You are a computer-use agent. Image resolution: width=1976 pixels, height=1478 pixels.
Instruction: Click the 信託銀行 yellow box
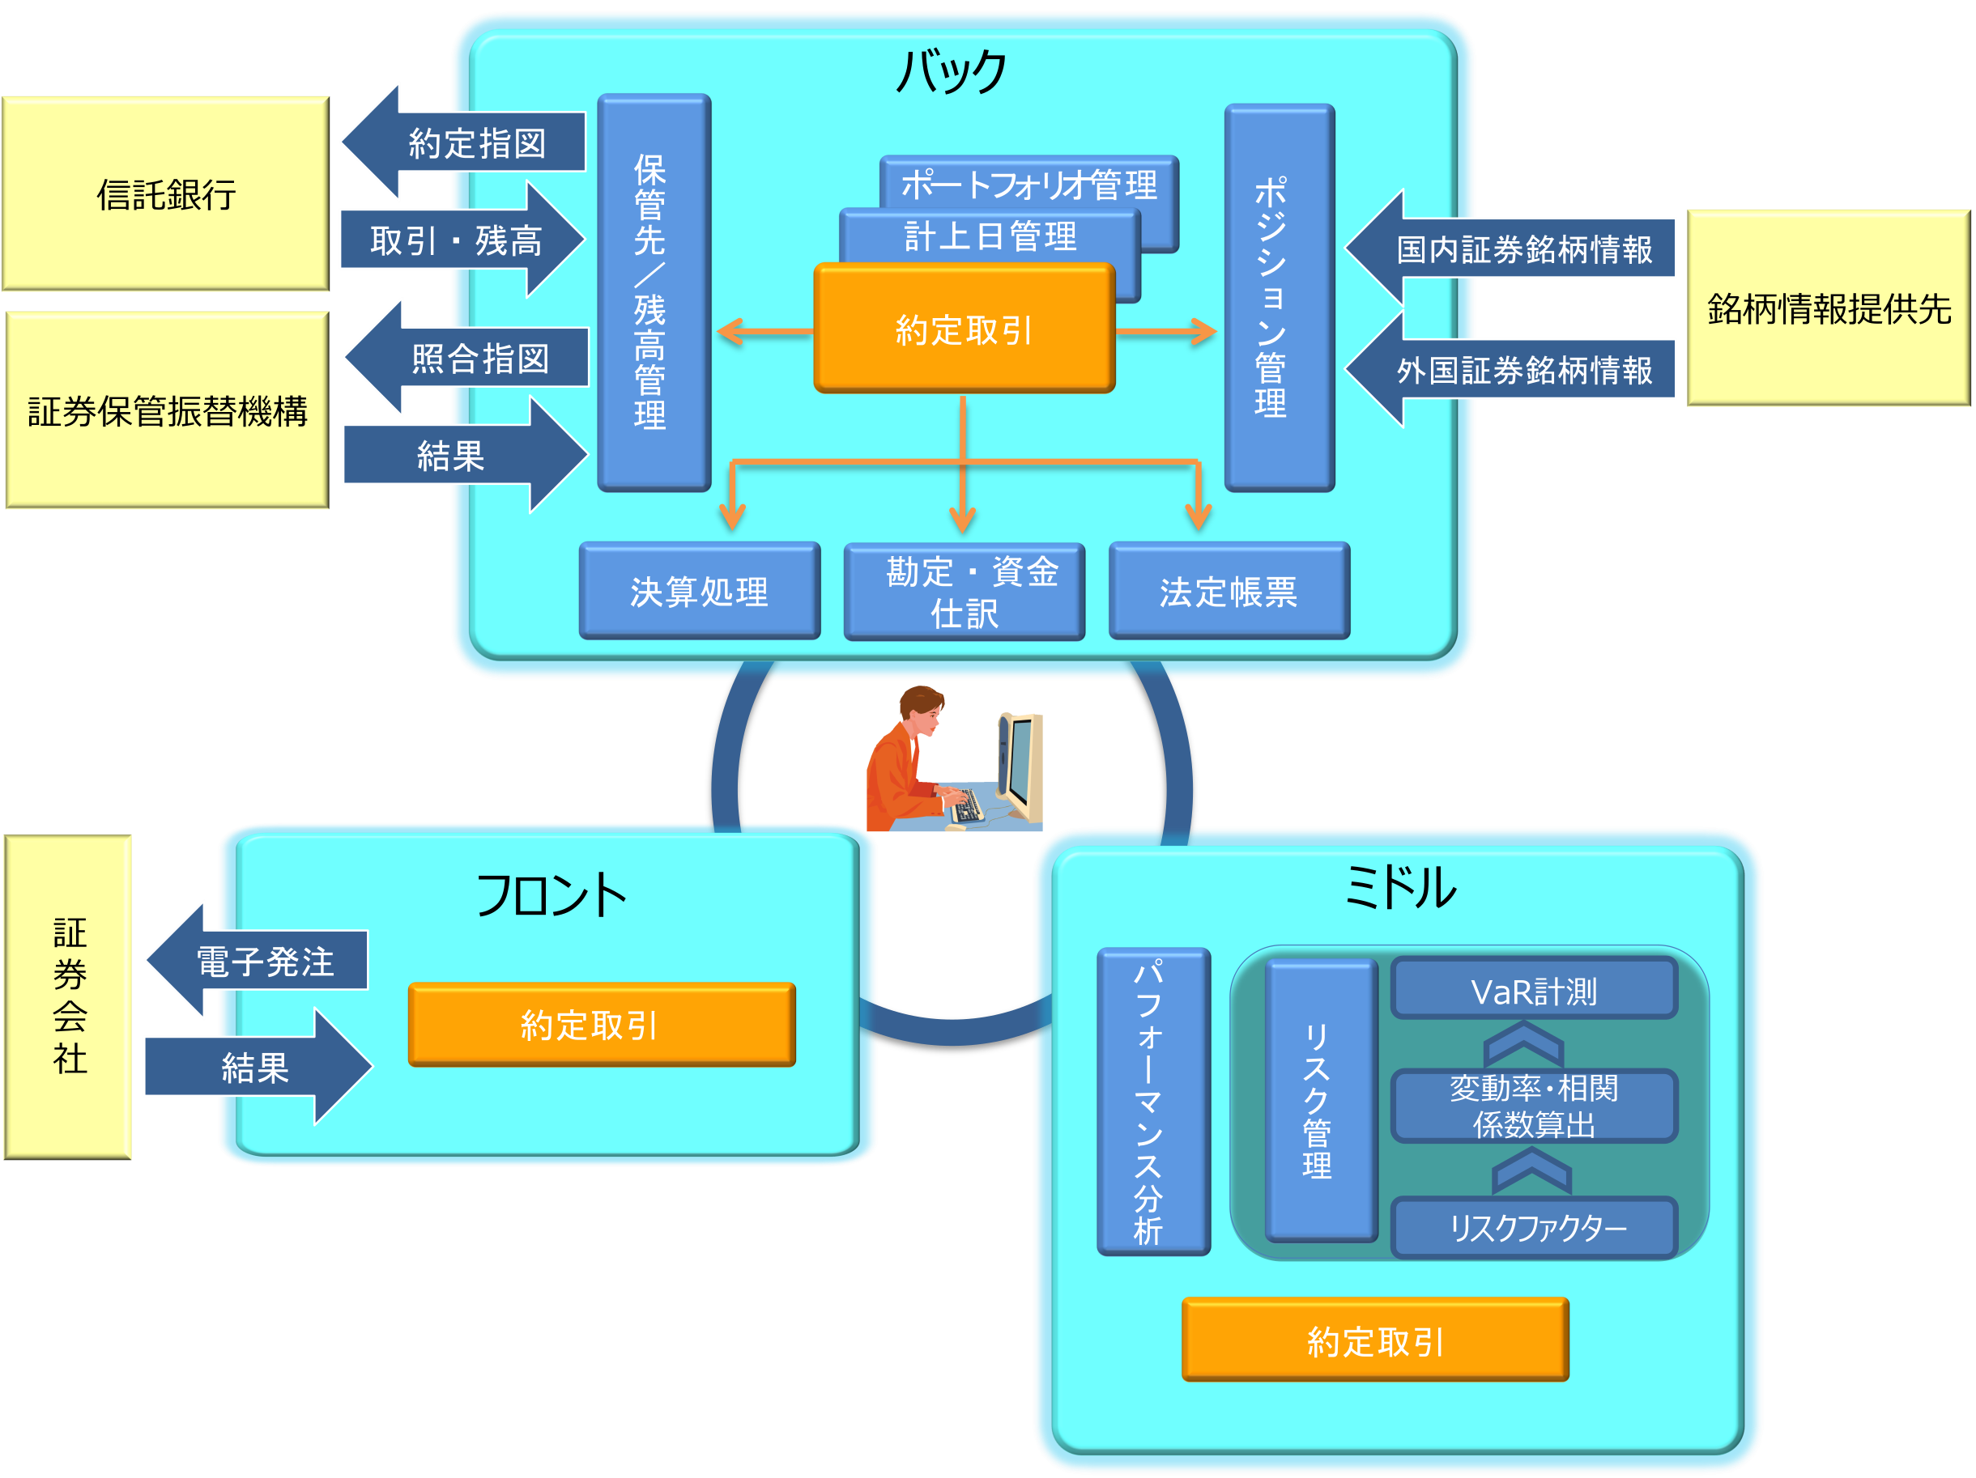point(166,193)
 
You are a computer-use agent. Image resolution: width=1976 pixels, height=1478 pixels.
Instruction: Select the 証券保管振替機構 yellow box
point(167,411)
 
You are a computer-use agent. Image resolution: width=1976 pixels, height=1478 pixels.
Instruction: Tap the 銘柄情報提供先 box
point(1828,308)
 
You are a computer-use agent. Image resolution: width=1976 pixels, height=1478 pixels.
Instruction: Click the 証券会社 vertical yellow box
point(69,996)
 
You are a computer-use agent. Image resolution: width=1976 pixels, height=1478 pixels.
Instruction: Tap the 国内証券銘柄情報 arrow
point(1518,249)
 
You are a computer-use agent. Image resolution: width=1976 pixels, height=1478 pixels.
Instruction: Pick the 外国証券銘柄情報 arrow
point(1518,370)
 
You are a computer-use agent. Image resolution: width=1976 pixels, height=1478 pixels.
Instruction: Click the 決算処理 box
point(699,591)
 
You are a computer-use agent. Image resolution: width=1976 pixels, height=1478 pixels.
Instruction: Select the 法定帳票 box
point(1229,591)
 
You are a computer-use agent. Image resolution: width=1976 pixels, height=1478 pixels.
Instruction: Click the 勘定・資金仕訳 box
point(964,591)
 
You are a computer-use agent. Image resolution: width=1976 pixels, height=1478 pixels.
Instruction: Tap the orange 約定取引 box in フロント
point(601,1025)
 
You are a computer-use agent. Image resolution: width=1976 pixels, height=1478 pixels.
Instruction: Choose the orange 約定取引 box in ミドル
point(1375,1340)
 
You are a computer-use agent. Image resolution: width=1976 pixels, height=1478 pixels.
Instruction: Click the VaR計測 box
point(1533,989)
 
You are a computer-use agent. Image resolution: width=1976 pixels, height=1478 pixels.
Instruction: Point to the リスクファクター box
point(1533,1228)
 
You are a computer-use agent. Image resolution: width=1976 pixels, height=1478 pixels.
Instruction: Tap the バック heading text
point(952,71)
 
